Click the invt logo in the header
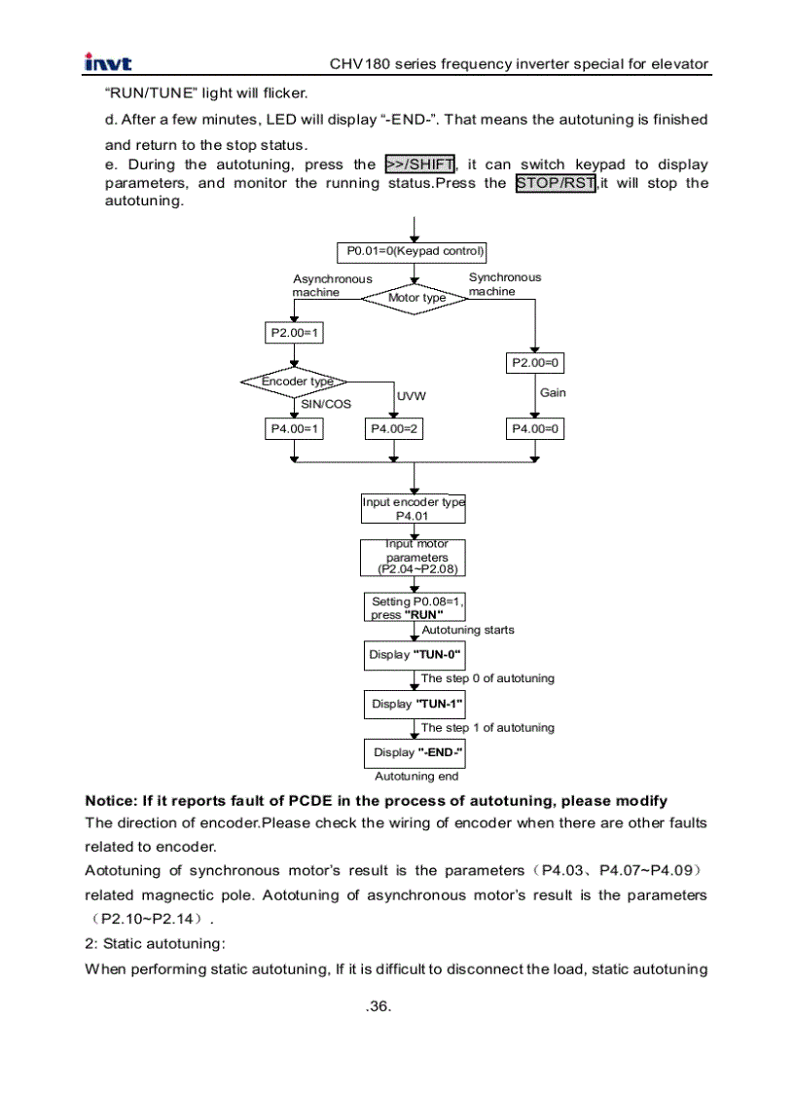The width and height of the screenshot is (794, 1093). pos(108,64)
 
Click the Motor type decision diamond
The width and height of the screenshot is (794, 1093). pos(415,297)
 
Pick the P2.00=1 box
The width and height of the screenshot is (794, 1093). pos(295,333)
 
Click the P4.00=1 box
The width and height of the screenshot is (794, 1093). pos(295,428)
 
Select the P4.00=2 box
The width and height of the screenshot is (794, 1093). pos(394,428)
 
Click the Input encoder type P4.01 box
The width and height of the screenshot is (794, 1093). pos(414,509)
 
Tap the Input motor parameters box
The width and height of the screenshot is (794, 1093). pos(414,558)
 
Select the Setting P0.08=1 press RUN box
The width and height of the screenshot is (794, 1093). pos(415,607)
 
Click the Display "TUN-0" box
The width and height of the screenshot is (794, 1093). pos(415,655)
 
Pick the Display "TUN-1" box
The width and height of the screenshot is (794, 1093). pos(415,704)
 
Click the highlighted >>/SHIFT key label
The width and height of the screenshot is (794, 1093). pos(420,164)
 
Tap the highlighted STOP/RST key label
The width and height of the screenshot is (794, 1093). pos(556,183)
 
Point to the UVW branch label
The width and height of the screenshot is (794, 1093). pos(411,396)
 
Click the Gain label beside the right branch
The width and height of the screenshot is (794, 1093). pos(553,392)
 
